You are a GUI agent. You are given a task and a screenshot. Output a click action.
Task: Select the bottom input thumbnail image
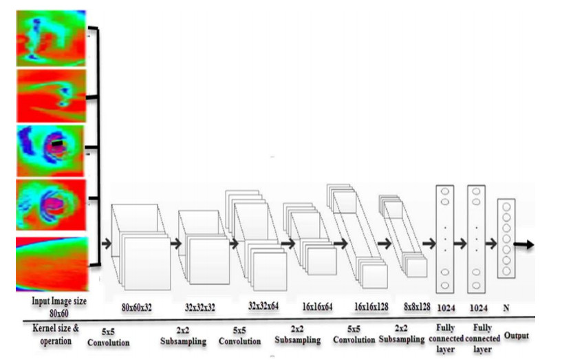[x=52, y=264]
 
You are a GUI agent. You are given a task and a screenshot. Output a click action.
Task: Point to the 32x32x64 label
[x=263, y=307]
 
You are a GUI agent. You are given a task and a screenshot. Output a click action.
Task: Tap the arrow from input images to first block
[x=105, y=242]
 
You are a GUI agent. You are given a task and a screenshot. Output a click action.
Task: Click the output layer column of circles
[x=506, y=237]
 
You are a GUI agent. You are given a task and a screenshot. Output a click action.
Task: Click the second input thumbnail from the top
[x=51, y=94]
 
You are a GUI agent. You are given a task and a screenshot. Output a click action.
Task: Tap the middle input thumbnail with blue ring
[x=51, y=150]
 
